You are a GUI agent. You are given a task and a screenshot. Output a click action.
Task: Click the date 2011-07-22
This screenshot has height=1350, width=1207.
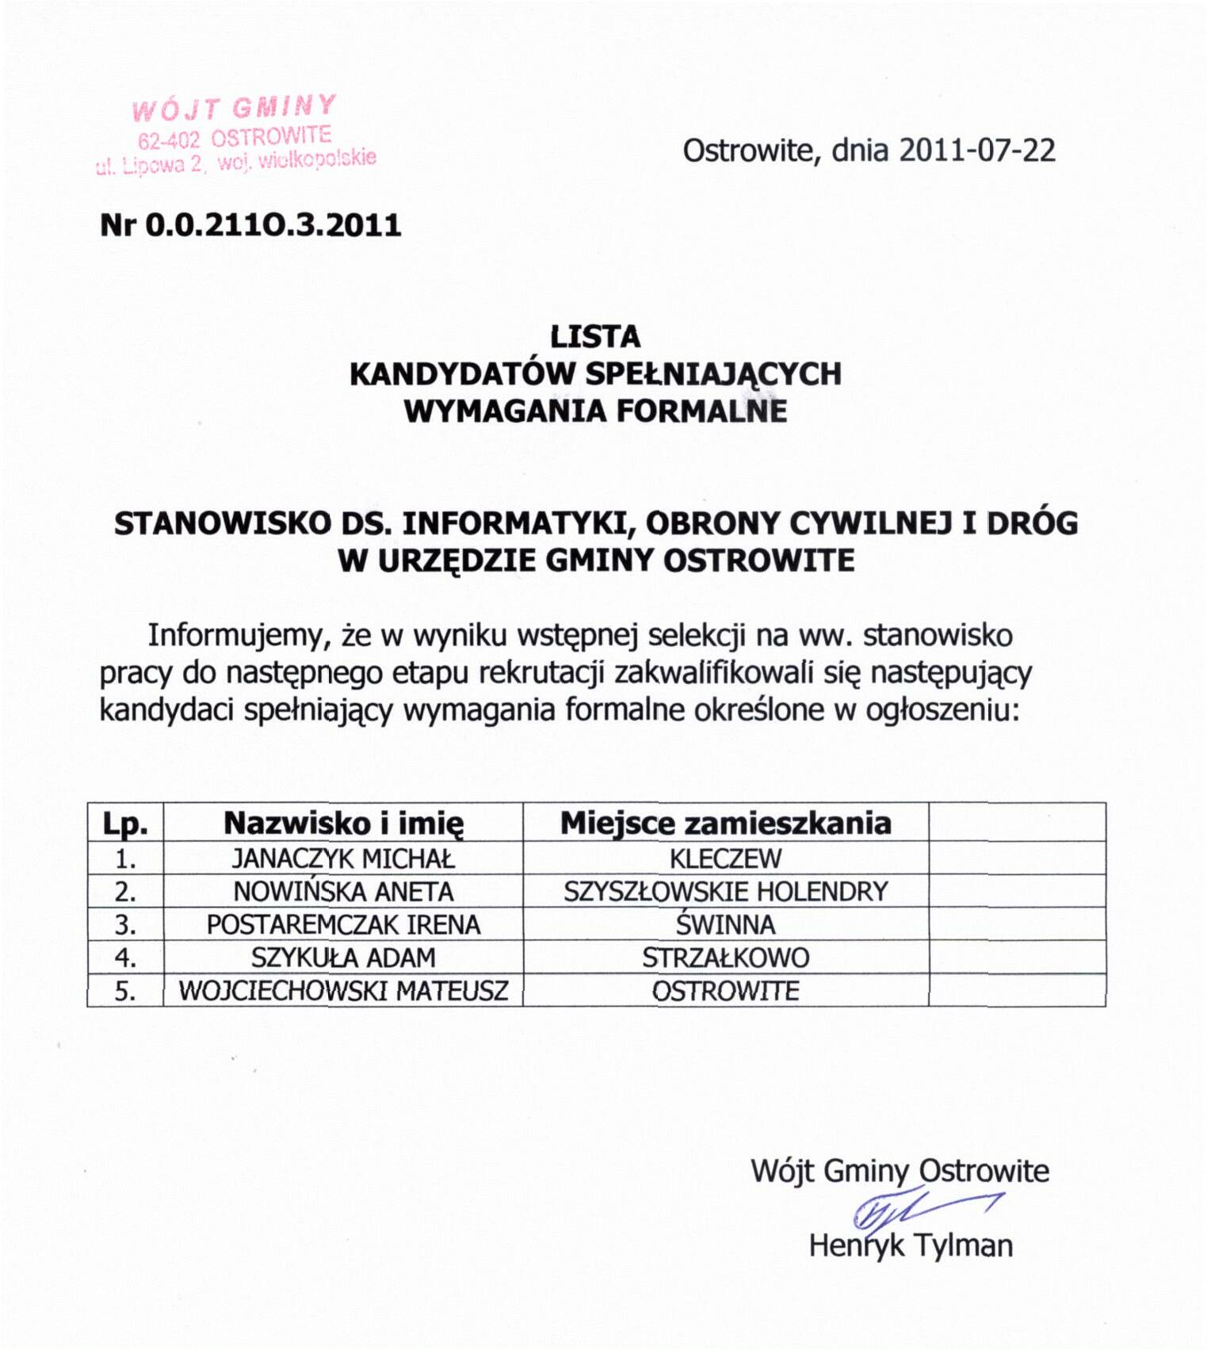(976, 151)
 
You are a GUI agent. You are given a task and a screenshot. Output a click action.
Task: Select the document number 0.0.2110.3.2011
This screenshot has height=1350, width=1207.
(273, 226)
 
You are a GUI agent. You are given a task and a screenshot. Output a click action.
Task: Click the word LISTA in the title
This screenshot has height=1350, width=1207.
(595, 338)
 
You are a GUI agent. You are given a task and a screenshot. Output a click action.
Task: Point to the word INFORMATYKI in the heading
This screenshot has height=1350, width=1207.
(518, 524)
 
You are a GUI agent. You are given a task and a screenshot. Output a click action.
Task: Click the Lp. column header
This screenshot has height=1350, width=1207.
(125, 824)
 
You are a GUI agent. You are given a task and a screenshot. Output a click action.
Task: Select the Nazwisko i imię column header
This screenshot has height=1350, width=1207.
(343, 824)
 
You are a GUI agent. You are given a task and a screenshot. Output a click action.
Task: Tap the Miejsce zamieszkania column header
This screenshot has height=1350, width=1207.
(725, 824)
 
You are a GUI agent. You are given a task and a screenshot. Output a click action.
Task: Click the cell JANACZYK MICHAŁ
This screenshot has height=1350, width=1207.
(343, 859)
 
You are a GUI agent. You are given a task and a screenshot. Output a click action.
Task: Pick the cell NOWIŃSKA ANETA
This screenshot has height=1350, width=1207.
(343, 892)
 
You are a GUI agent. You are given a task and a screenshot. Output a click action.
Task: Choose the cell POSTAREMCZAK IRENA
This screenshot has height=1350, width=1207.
(343, 925)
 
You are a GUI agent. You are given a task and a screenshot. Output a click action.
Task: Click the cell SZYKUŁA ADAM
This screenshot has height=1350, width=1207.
(343, 958)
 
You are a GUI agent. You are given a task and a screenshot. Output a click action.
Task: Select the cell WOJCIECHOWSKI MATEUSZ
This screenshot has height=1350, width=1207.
(343, 991)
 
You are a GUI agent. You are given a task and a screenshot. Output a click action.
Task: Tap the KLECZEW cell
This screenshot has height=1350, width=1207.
(725, 859)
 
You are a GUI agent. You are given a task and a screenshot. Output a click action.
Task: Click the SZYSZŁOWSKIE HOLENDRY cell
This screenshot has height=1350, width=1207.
(725, 892)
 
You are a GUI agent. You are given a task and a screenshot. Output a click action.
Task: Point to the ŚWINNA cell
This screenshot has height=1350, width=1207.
(725, 925)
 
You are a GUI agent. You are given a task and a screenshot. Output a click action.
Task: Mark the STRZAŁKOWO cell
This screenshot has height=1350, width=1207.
(725, 958)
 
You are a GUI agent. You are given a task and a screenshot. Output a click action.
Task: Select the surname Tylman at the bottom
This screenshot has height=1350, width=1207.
(962, 1246)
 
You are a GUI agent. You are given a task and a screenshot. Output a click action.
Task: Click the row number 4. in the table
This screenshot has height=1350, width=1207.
(125, 958)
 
